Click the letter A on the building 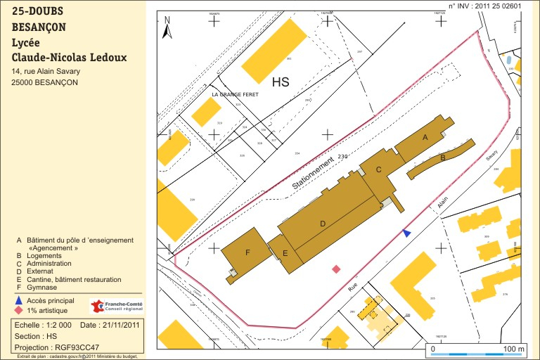click(425, 138)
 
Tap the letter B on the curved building click(443, 158)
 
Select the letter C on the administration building click(378, 169)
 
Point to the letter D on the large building click(323, 224)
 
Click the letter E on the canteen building click(285, 252)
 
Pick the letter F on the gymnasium click(247, 252)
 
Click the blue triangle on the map click(406, 233)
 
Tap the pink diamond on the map click(336, 269)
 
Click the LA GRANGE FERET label click(236, 94)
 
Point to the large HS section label click(281, 82)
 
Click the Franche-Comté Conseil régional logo click(117, 306)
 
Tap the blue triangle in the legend click(19, 300)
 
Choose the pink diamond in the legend click(19, 310)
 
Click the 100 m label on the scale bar click(515, 349)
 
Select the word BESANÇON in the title click(39, 28)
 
